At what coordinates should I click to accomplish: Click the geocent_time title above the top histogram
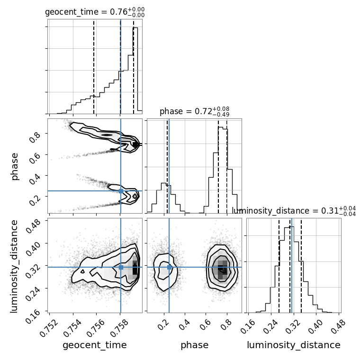pos(95,12)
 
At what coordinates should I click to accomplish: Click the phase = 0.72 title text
pos(195,111)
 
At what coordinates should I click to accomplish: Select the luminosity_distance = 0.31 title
pos(294,210)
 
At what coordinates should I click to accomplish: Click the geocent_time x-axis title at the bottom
pos(95,345)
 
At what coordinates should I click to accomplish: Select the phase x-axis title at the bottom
pos(195,345)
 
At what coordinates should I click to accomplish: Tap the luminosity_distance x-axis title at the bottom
pos(294,345)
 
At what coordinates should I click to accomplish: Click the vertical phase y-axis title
pos(14,166)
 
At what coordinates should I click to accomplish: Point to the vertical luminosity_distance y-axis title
pos(14,266)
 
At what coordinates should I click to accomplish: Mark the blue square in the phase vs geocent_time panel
pos(121,191)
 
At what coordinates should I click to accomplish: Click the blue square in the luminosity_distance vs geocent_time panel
pos(121,267)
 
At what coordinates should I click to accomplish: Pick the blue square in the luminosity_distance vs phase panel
pos(169,267)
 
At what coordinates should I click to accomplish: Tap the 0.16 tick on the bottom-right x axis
pos(248,326)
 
